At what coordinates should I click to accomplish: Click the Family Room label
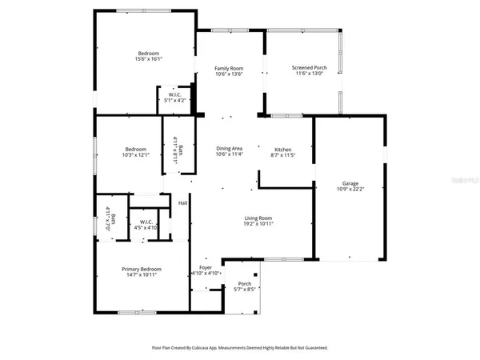(x=229, y=68)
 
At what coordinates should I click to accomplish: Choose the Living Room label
(x=258, y=218)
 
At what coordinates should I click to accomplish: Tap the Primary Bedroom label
(x=142, y=269)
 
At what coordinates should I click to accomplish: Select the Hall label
(x=182, y=203)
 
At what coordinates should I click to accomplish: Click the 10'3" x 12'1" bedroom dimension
(x=135, y=155)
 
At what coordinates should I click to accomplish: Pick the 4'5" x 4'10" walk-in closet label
(x=146, y=228)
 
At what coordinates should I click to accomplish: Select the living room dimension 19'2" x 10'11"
(x=258, y=225)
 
